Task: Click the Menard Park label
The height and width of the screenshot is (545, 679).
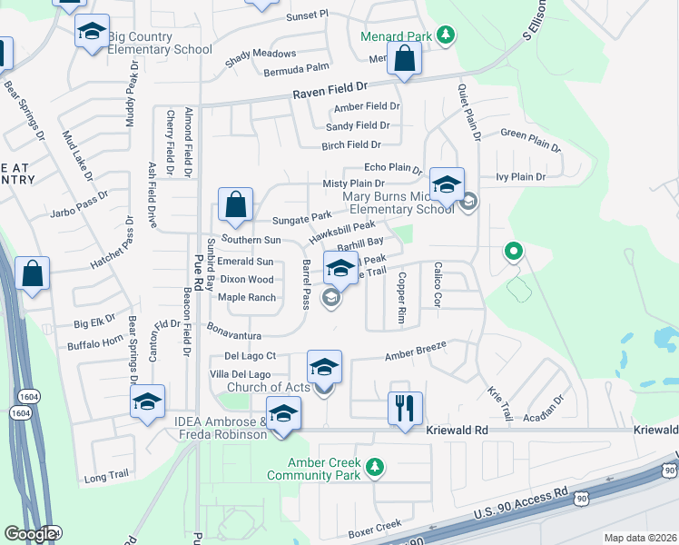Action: click(x=397, y=36)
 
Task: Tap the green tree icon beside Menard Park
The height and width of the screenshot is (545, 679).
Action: click(x=445, y=35)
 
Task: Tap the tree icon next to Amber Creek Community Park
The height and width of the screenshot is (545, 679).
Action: click(x=374, y=468)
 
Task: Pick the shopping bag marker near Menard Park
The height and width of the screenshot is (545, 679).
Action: click(x=405, y=60)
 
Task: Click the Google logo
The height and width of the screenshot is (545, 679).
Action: click(x=29, y=534)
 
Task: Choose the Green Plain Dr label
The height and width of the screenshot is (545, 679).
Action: click(x=531, y=139)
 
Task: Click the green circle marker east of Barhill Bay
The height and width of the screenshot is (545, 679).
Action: click(x=513, y=251)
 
